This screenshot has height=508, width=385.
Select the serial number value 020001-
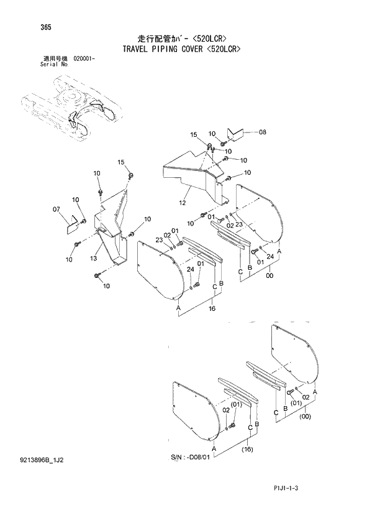point(88,57)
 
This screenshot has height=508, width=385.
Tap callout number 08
point(261,132)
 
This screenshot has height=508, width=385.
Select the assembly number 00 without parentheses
point(269,285)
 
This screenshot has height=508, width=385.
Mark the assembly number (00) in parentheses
point(304,417)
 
